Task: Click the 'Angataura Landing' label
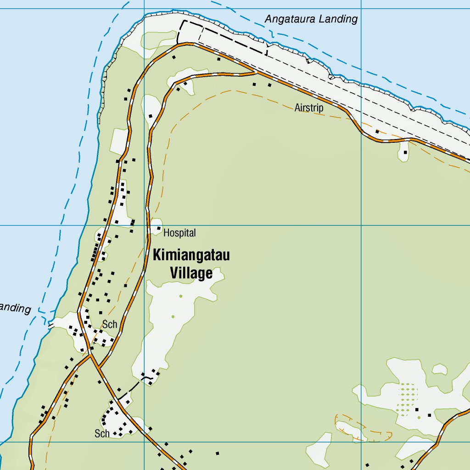point(311,19)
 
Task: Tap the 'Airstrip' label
point(309,108)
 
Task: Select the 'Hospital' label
point(179,233)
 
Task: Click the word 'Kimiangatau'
point(191,255)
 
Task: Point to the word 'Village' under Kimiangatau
point(191,274)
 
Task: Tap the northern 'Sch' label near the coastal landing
point(110,325)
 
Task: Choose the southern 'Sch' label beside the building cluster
point(102,433)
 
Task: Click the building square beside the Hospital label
point(159,228)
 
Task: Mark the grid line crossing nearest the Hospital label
point(144,225)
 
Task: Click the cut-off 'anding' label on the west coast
point(15,308)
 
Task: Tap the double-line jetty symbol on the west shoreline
point(51,325)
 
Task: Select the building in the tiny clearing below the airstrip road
point(405,152)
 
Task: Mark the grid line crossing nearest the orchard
point(362,442)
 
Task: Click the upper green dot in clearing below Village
point(181,296)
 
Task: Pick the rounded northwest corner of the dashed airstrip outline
point(182,22)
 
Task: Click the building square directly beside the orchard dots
point(417,409)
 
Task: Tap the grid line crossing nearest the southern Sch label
point(144,442)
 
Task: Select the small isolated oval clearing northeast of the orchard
point(440,369)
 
